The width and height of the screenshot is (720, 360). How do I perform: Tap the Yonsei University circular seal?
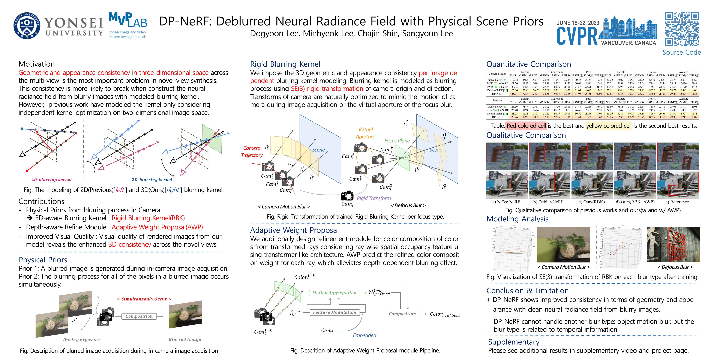click(27, 26)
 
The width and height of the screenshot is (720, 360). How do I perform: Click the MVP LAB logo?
click(128, 25)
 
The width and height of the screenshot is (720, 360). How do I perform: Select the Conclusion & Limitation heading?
click(527, 291)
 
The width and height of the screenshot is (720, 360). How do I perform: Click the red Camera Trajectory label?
click(252, 151)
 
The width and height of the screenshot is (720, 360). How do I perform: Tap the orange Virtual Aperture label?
click(365, 133)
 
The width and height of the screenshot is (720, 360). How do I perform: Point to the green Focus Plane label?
click(397, 141)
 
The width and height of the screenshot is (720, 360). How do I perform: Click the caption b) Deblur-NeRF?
click(548, 202)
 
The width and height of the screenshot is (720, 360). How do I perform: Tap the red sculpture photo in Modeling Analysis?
click(673, 244)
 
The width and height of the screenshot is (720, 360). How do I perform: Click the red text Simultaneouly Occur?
click(144, 299)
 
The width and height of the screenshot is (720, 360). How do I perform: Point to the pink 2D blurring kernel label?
click(51, 180)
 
